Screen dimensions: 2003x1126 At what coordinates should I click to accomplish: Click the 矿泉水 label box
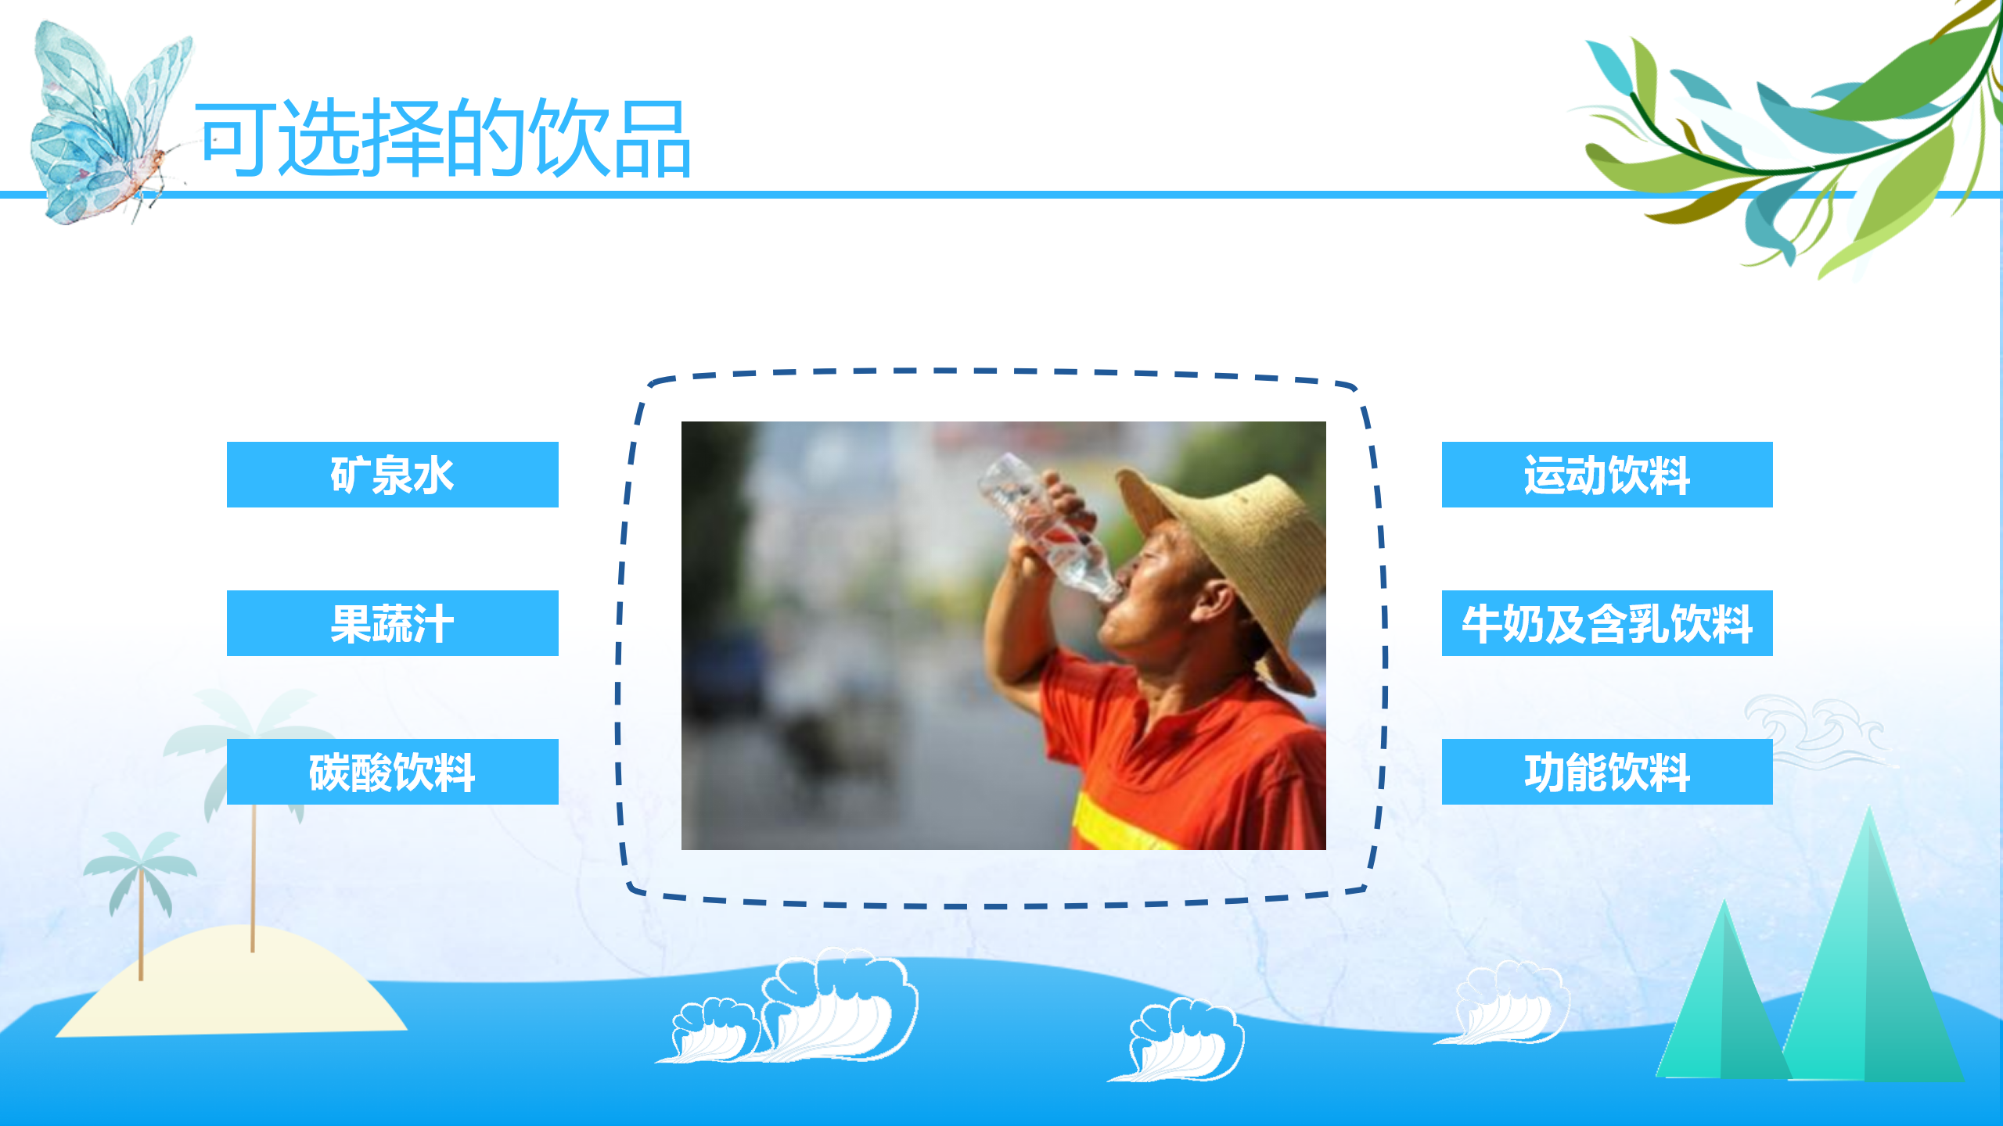[392, 475]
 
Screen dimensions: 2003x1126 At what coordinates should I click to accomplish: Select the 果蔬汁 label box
[392, 623]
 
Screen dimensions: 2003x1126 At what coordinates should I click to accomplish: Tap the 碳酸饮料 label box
[392, 772]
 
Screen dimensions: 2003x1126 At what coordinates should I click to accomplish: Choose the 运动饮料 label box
[1607, 475]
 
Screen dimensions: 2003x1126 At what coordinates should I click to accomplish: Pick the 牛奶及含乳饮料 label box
[1607, 623]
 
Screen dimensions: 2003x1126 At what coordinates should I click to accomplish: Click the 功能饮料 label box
[1607, 772]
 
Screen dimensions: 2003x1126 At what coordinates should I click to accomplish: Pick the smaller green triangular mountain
[1723, 993]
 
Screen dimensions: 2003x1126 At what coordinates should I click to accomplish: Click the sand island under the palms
[231, 985]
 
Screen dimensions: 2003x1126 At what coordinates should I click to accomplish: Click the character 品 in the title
[653, 139]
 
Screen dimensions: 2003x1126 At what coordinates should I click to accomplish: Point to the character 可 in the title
[235, 139]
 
